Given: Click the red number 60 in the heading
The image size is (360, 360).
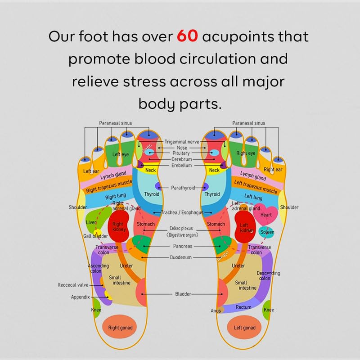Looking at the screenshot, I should [x=187, y=36].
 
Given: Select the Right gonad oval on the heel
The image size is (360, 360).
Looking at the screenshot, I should [x=118, y=328].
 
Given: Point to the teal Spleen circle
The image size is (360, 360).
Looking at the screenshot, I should [x=267, y=232].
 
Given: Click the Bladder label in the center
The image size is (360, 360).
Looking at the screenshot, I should [x=183, y=294].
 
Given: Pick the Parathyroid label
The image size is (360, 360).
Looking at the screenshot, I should [x=183, y=188].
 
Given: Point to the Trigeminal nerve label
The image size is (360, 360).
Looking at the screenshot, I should [x=181, y=141].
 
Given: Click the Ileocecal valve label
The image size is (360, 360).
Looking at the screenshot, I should [x=73, y=285].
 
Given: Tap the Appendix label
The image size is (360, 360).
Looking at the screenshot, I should [x=81, y=297].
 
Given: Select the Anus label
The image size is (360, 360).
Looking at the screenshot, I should [x=216, y=310].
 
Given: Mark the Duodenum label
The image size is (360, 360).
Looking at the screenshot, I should [x=180, y=258].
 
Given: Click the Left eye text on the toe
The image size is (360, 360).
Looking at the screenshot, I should [x=121, y=154].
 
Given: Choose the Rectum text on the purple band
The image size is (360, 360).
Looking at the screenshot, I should [x=243, y=307].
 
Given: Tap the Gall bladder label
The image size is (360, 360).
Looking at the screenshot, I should [x=94, y=236].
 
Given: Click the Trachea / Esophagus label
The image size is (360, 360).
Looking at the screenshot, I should [x=182, y=212].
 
